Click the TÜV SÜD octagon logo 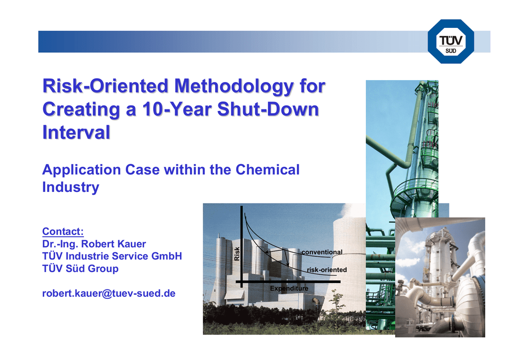pyautogui.click(x=451, y=41)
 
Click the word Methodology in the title pyautogui.click(x=234, y=86)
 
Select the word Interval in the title pyautogui.click(x=76, y=132)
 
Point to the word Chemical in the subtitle pyautogui.click(x=267, y=170)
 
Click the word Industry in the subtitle pyautogui.click(x=71, y=187)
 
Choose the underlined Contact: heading pyautogui.click(x=63, y=231)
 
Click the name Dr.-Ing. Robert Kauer pyautogui.click(x=94, y=244)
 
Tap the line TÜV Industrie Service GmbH pyautogui.click(x=112, y=256)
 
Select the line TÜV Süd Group pyautogui.click(x=81, y=269)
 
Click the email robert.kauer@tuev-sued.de pyautogui.click(x=109, y=293)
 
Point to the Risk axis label pyautogui.click(x=237, y=254)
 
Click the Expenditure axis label pyautogui.click(x=289, y=288)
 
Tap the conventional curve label pyautogui.click(x=322, y=252)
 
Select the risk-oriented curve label pyautogui.click(x=327, y=270)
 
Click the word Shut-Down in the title pyautogui.click(x=268, y=109)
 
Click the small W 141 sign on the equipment pyautogui.click(x=410, y=323)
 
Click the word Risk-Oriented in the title pyautogui.click(x=105, y=86)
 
